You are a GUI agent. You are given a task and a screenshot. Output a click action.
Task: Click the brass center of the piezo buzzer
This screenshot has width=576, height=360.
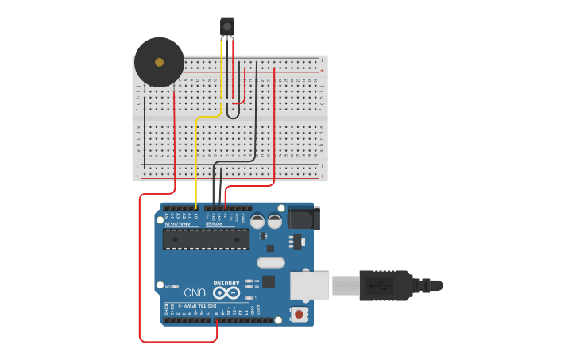(159, 62)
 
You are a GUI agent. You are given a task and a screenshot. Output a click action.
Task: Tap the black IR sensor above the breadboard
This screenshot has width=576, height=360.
(227, 26)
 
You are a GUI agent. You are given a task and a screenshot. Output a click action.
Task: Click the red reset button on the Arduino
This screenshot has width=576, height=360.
(299, 315)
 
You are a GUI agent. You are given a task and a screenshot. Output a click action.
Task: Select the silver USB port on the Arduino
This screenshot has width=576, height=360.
(310, 285)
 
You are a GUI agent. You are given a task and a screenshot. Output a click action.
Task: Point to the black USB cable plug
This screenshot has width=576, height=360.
(385, 285)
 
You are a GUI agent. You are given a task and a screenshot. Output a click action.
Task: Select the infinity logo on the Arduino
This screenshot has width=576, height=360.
(226, 293)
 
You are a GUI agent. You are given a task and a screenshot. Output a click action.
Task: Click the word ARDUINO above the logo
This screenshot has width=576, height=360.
(226, 283)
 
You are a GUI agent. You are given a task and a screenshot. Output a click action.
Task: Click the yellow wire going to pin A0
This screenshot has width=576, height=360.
(196, 159)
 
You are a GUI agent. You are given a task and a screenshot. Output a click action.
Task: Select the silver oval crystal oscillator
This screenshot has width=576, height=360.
(270, 262)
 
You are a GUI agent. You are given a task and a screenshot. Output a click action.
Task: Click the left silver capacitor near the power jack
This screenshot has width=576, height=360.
(257, 222)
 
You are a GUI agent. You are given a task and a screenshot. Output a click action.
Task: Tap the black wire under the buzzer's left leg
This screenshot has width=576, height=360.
(145, 127)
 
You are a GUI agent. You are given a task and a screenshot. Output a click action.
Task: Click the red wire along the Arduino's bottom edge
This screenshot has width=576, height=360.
(179, 342)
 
